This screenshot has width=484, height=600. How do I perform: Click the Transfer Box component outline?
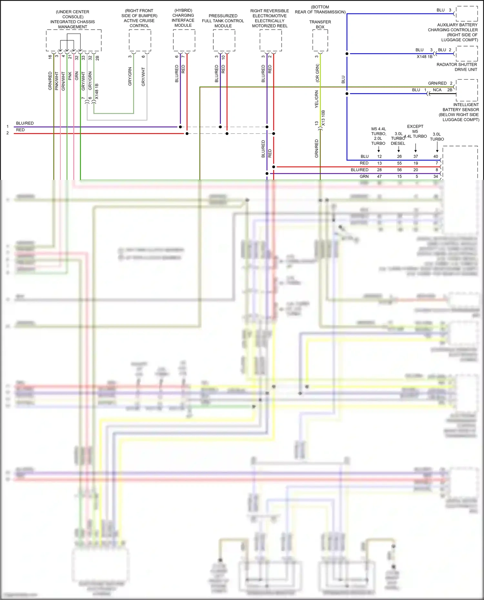pyautogui.click(x=320, y=40)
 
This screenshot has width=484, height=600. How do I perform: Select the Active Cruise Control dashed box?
pyautogui.click(x=140, y=40)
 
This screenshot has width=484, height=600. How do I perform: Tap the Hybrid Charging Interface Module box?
pyautogui.click(x=184, y=40)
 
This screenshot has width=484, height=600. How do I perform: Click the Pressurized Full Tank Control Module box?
pyautogui.click(x=224, y=40)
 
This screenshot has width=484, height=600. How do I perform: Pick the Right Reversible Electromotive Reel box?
pyautogui.click(x=270, y=40)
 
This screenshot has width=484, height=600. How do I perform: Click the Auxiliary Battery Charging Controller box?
pyautogui.click(x=467, y=14)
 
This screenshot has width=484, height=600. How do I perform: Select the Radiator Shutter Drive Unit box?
pyautogui.click(x=467, y=54)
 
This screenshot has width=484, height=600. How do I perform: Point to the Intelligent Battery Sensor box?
pyautogui.click(x=467, y=90)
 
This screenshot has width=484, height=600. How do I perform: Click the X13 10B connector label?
pyautogui.click(x=323, y=118)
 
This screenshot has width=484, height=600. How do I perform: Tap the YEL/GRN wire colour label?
pyautogui.click(x=317, y=99)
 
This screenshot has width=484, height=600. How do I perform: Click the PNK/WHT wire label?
pyautogui.click(x=57, y=81)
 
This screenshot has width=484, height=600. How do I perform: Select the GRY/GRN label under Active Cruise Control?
pyautogui.click(x=130, y=76)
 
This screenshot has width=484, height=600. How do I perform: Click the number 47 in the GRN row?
pyautogui.click(x=379, y=176)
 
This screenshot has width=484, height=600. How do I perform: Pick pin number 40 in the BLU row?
pyautogui.click(x=436, y=156)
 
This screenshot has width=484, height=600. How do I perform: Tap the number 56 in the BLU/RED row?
pyautogui.click(x=399, y=170)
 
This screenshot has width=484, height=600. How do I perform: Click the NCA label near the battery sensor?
pyautogui.click(x=437, y=90)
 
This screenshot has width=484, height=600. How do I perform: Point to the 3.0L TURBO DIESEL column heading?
pyautogui.click(x=398, y=139)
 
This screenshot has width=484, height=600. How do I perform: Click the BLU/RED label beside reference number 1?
pyautogui.click(x=25, y=123)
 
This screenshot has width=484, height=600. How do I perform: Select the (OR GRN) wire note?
pyautogui.click(x=317, y=73)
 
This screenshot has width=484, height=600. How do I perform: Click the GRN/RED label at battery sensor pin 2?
pyautogui.click(x=437, y=83)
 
